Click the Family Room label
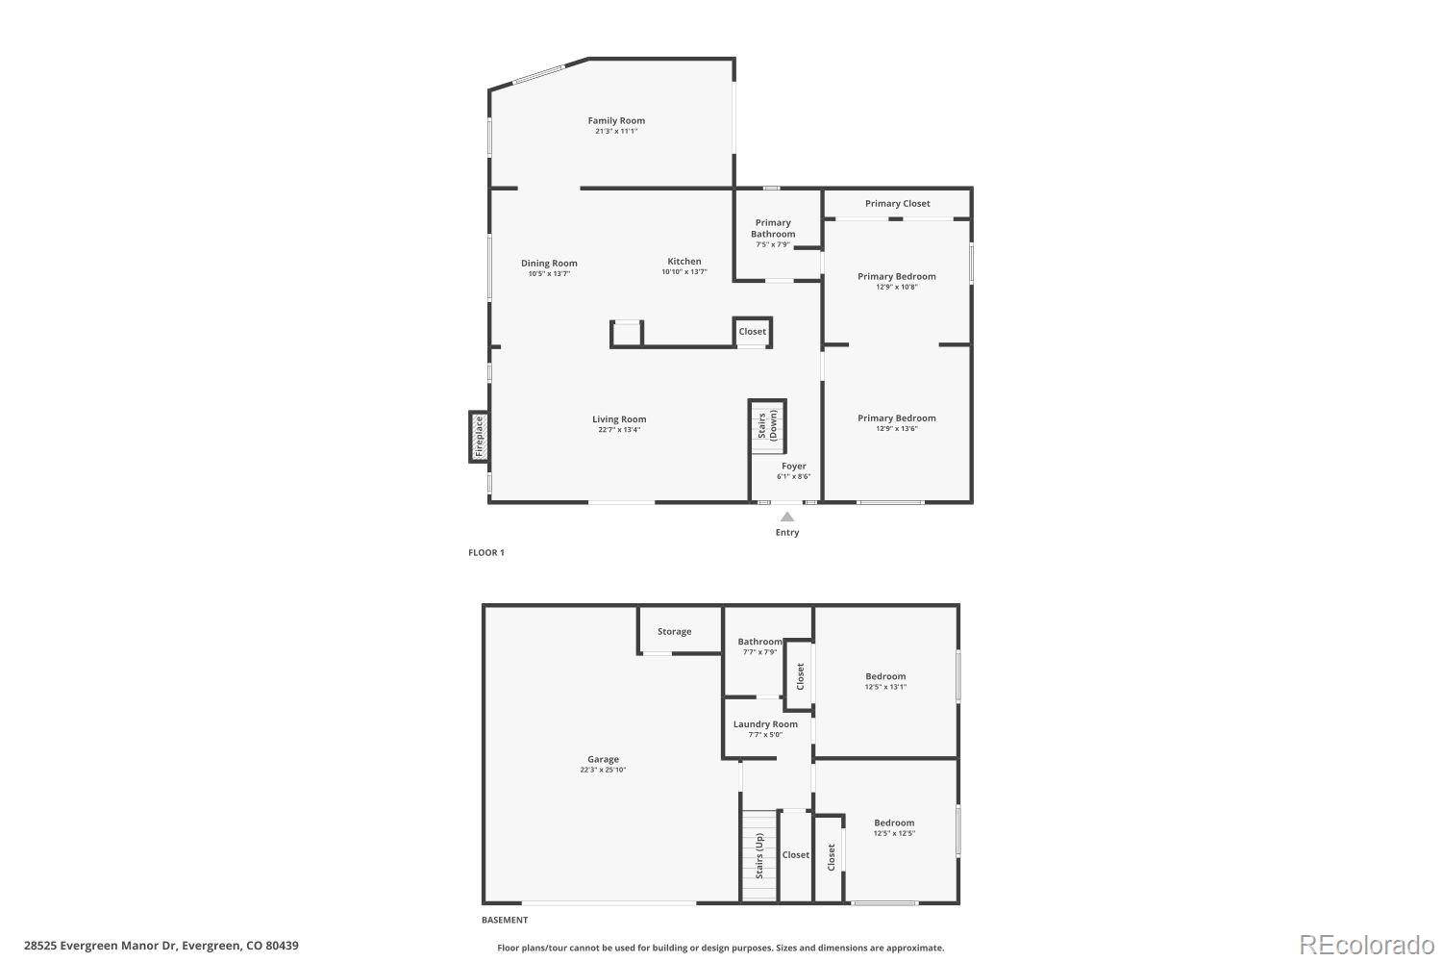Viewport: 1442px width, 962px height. tap(616, 121)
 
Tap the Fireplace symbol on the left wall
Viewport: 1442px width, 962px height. tap(479, 436)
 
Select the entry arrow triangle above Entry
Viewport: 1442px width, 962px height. tap(787, 517)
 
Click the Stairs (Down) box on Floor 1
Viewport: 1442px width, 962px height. tap(767, 425)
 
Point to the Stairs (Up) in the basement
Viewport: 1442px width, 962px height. tap(758, 856)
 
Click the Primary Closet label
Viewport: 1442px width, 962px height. tap(897, 204)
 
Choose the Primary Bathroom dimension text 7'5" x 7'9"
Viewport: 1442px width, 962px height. tap(773, 245)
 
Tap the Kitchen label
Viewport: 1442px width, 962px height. tap(684, 262)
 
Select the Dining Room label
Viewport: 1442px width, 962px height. tap(549, 264)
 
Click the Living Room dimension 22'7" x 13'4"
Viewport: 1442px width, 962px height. tap(619, 430)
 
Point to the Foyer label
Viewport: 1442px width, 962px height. tap(794, 467)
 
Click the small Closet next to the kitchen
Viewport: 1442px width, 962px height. tap(753, 332)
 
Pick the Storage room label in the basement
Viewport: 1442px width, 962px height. tap(674, 632)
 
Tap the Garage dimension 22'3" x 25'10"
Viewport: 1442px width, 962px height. tap(603, 770)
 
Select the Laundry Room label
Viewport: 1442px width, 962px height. tap(765, 724)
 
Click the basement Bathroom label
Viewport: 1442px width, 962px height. tap(759, 642)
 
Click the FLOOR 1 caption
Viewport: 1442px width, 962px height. tap(486, 553)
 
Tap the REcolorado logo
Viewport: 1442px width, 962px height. tap(1365, 945)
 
